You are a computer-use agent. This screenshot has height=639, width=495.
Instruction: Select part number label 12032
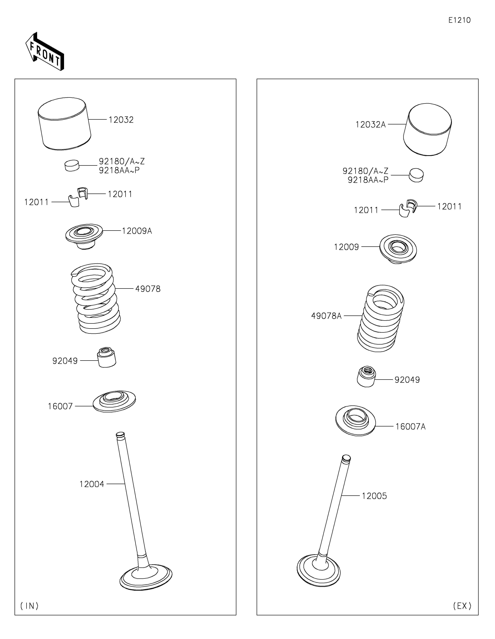point(121,120)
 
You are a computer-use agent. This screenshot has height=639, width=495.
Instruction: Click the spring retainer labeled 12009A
point(84,236)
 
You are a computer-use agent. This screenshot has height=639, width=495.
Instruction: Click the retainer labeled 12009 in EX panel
point(398,249)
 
